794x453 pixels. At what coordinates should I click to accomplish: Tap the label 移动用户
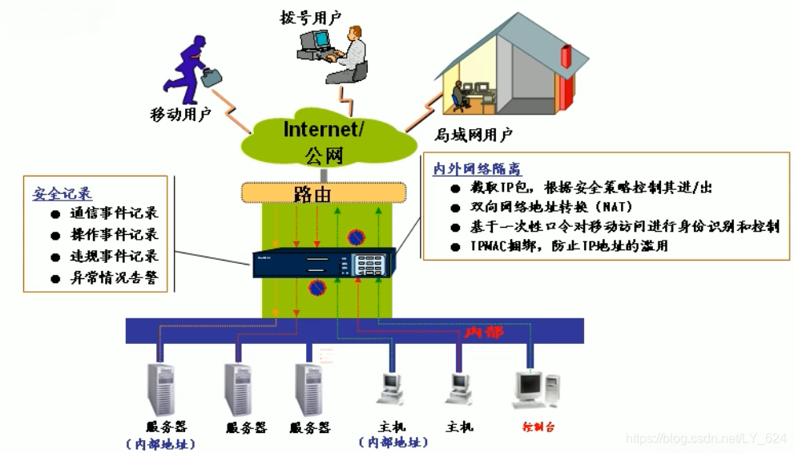tap(180, 115)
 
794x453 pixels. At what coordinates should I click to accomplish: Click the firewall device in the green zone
tap(324, 263)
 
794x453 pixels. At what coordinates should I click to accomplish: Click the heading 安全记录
tap(62, 194)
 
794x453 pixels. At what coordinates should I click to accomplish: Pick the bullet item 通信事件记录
tap(114, 213)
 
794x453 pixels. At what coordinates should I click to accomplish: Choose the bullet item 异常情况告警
tap(114, 278)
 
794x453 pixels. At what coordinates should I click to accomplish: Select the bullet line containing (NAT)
tap(553, 207)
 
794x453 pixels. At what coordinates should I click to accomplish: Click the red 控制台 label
tap(538, 427)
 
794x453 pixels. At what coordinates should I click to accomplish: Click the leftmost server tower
tap(161, 388)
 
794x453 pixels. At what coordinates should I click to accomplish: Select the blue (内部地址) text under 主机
tap(393, 443)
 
